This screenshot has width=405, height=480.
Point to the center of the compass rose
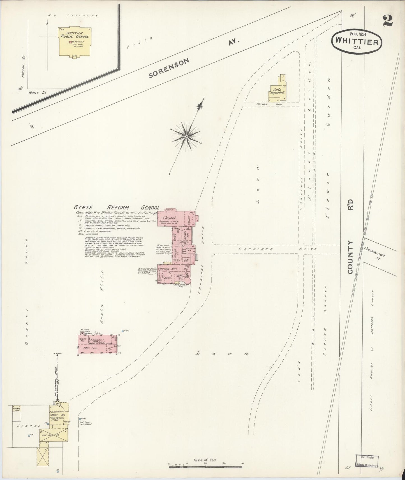pyautogui.click(x=186, y=136)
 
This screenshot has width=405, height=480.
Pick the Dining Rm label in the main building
pyautogui.click(x=167, y=269)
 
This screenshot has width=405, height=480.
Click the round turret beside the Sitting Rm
pyautogui.click(x=188, y=281)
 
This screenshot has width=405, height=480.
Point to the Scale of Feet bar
pyautogui.click(x=205, y=467)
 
